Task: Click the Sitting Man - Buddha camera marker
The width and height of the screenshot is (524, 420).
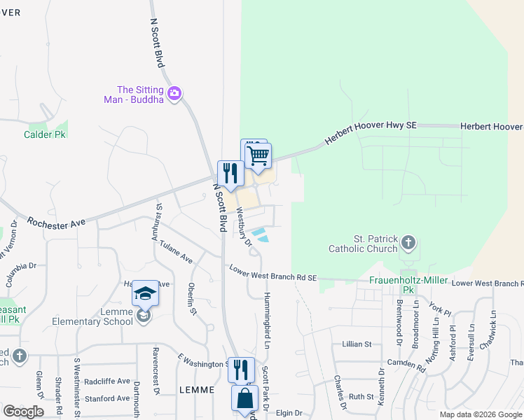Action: click(174, 92)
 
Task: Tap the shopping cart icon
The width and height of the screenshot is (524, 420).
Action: click(258, 155)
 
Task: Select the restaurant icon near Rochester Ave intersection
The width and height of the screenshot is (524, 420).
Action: click(230, 172)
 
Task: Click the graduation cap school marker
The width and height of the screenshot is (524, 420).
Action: click(145, 293)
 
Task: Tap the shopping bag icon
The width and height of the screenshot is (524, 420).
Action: click(245, 398)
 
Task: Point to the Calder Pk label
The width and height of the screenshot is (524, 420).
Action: click(46, 134)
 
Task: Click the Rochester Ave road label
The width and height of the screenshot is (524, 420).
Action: click(56, 222)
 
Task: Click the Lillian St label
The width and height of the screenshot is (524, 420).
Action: click(357, 344)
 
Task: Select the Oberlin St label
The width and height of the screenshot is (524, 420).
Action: click(191, 297)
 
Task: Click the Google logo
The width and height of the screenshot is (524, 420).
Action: click(23, 412)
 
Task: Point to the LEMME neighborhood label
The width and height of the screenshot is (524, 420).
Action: click(196, 389)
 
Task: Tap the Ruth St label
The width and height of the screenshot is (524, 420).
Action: click(361, 396)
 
